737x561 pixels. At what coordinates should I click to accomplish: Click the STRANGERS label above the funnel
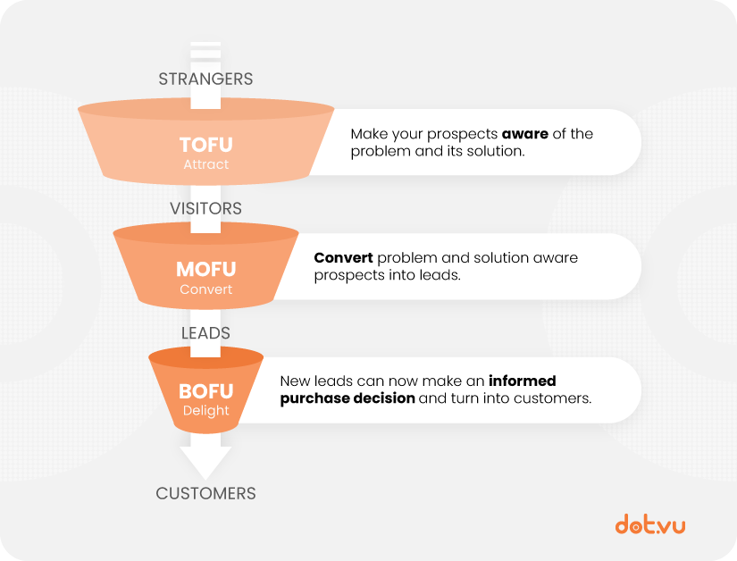tap(205, 79)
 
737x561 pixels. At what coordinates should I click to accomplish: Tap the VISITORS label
tap(205, 208)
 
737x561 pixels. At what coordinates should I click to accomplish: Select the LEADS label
tap(205, 333)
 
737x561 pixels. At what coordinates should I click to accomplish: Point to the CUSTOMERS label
tap(205, 493)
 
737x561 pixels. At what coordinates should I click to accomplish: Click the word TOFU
tap(205, 145)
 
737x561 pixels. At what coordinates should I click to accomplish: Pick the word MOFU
tap(205, 269)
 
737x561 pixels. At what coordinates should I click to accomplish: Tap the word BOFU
tap(205, 391)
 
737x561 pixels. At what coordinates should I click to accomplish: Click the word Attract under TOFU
tap(205, 164)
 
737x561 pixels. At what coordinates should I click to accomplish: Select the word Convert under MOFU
tap(205, 289)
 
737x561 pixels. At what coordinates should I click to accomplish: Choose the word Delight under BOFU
tap(205, 411)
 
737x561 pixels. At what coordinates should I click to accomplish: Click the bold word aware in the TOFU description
tap(525, 134)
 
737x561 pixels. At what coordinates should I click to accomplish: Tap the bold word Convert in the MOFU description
tap(344, 258)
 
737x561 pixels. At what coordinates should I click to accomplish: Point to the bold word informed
tap(523, 381)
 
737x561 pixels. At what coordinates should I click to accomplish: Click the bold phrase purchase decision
tap(348, 398)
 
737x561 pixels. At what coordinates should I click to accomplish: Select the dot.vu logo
tap(650, 523)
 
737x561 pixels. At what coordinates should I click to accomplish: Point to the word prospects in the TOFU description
tap(463, 134)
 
